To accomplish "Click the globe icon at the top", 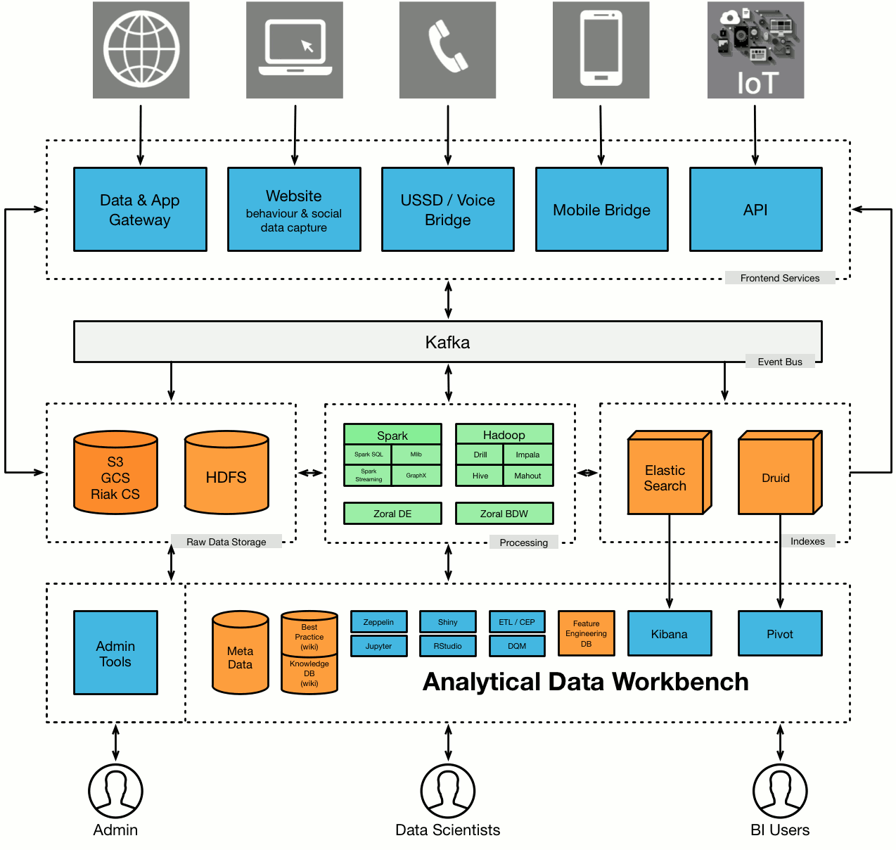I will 141,50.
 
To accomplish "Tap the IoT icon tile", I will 755,50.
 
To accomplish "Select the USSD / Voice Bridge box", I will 448,210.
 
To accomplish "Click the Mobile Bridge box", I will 601,210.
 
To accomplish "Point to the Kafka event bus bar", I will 448,342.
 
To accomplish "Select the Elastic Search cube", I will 666,476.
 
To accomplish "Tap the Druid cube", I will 776,476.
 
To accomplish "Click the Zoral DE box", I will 392,514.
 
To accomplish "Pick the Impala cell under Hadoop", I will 527,455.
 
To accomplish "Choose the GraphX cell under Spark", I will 416,476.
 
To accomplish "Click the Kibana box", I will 669,634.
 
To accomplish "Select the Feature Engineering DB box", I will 586,633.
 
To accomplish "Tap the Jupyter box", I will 378,646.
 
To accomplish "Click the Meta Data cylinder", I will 241,654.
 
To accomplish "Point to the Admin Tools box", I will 115,653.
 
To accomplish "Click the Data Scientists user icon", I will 448,791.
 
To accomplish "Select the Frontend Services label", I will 780,278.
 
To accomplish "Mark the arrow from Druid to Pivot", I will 780,563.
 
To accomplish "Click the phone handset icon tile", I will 448,50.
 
